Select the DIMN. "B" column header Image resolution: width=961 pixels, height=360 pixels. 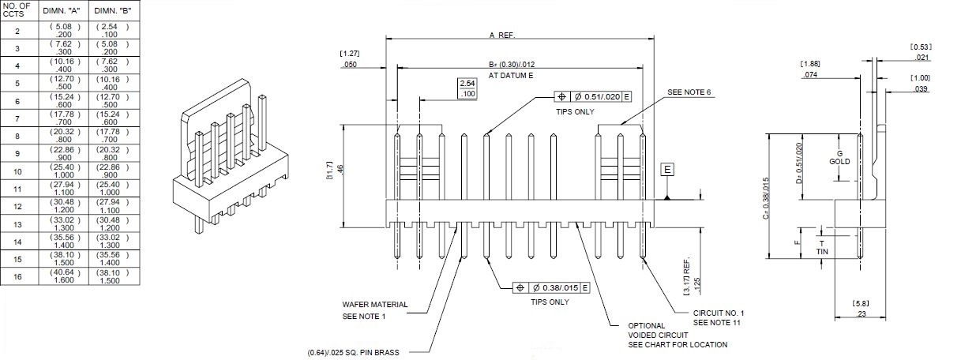(x=111, y=11)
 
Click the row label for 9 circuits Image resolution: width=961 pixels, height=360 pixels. (x=17, y=152)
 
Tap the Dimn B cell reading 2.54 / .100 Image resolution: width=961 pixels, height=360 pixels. (x=111, y=31)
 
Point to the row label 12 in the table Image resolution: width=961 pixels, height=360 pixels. (x=17, y=206)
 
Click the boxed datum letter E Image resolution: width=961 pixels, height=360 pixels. (x=667, y=170)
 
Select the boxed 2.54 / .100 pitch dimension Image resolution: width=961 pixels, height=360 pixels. (x=467, y=88)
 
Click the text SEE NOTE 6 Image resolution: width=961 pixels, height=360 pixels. (x=689, y=92)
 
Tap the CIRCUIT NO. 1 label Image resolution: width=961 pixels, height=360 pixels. (x=719, y=313)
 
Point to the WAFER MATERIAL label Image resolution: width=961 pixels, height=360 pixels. (x=374, y=304)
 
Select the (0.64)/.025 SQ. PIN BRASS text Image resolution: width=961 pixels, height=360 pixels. (x=353, y=352)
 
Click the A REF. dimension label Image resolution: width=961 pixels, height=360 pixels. (x=501, y=35)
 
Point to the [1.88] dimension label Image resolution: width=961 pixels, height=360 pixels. (x=809, y=63)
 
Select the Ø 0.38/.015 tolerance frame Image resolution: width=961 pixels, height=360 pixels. (x=551, y=287)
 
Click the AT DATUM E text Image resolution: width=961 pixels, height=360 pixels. (x=512, y=75)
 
